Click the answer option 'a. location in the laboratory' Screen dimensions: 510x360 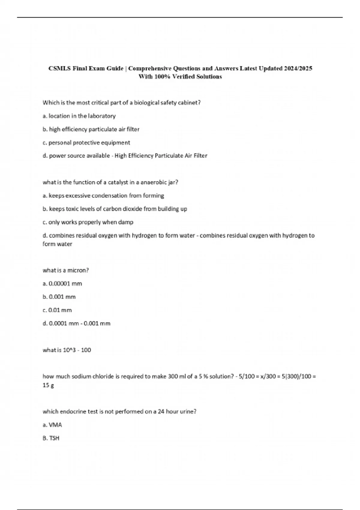click(79, 116)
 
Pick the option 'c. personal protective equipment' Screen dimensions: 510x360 click(86, 143)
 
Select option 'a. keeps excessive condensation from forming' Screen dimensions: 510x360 click(103, 196)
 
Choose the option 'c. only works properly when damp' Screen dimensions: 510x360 click(88, 222)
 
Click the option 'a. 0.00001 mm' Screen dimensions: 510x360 click(62, 284)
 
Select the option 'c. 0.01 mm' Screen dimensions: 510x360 click(57, 310)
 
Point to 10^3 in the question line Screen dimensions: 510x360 click(69, 350)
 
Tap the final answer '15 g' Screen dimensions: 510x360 click(48, 385)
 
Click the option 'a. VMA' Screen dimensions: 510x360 click(52, 425)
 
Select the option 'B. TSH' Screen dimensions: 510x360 click(51, 438)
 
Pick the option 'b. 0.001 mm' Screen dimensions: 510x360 click(59, 297)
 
